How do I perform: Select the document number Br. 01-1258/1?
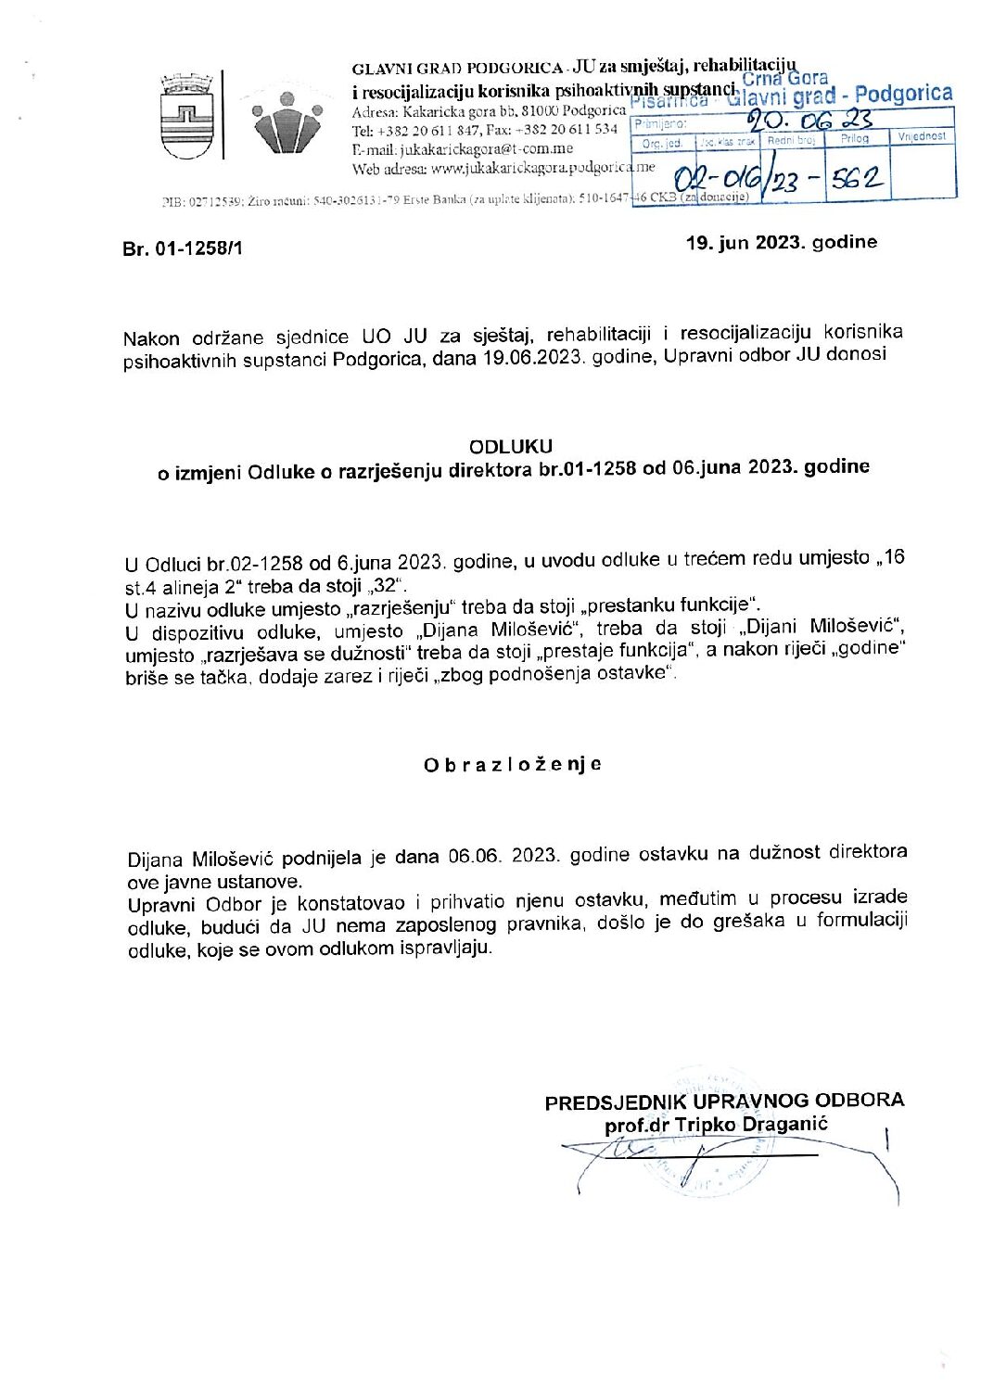(183, 248)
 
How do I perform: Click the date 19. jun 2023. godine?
(781, 243)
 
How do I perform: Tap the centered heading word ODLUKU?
(510, 446)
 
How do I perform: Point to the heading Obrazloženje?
(513, 765)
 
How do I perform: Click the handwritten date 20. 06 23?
(809, 120)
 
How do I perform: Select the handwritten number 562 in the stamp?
(855, 179)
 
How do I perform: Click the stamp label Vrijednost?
(922, 136)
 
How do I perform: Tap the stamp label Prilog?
(854, 138)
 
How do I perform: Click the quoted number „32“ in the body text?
(387, 585)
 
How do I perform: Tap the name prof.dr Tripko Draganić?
(716, 1125)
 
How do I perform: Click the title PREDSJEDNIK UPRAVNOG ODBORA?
(724, 1101)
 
